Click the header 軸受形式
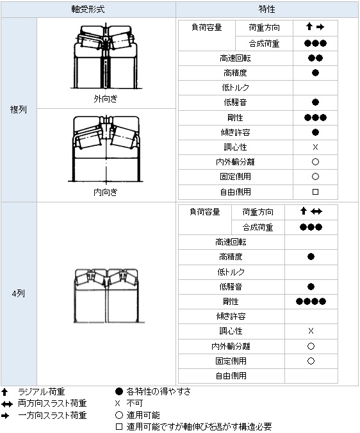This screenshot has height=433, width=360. tap(88, 9)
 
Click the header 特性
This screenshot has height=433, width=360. tap(266, 9)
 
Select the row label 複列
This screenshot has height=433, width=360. tap(18, 110)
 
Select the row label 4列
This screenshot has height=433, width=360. tap(18, 293)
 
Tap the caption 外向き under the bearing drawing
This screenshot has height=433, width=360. tap(106, 99)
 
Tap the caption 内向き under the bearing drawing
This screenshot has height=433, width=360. tap(106, 192)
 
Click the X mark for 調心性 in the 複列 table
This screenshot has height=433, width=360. tap(315, 147)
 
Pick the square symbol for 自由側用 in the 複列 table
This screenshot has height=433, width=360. tap(315, 192)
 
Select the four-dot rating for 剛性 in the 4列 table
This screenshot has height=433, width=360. tap(311, 301)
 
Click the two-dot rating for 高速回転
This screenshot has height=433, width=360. tap(315, 58)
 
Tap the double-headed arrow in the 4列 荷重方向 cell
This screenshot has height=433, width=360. tap(316, 211)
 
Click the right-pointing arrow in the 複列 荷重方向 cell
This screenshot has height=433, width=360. tap(320, 27)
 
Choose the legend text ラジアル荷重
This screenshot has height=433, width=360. tap(42, 391)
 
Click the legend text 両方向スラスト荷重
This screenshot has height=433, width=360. tap(53, 404)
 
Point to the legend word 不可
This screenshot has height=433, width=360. tap(135, 404)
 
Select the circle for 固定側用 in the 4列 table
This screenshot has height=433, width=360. tap(311, 361)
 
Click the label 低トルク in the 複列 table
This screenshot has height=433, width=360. tap(236, 88)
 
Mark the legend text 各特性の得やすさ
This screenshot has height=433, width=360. tap(158, 391)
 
